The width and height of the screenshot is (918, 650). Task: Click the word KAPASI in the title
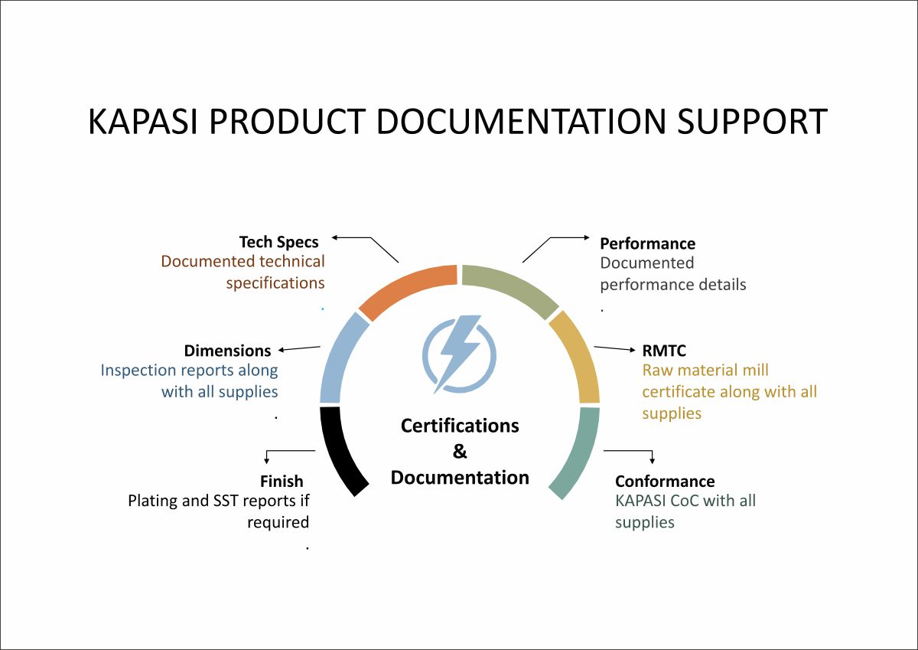(143, 122)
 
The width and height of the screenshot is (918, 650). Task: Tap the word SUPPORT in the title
(752, 122)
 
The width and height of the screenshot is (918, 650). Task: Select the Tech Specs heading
(278, 243)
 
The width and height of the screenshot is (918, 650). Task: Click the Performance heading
(647, 243)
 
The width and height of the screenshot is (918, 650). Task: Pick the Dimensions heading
(227, 351)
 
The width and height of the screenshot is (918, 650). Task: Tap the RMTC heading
(664, 351)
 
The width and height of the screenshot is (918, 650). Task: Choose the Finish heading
(282, 481)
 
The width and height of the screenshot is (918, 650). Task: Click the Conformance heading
(665, 481)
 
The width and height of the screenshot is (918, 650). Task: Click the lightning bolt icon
(459, 354)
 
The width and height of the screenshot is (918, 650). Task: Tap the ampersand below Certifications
(460, 452)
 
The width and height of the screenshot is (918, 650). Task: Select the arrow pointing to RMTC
(614, 348)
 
